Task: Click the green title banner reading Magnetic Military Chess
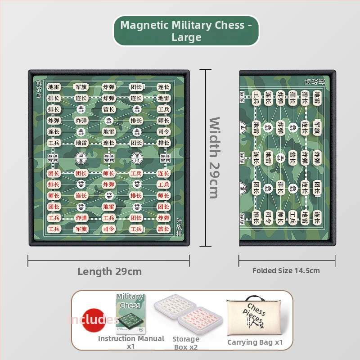(x=186, y=31)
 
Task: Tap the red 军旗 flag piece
(x=81, y=229)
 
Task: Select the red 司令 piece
(x=108, y=229)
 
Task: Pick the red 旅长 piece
(x=163, y=229)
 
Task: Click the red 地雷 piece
(x=108, y=207)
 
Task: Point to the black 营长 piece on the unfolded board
(x=108, y=109)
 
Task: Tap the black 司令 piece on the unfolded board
(x=163, y=132)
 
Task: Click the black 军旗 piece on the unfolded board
(x=81, y=87)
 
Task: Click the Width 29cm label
(x=214, y=157)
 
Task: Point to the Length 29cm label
(x=109, y=271)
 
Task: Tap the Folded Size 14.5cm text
(x=286, y=271)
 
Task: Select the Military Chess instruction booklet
(x=130, y=313)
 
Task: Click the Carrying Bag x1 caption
(x=255, y=342)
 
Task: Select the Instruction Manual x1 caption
(x=131, y=342)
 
